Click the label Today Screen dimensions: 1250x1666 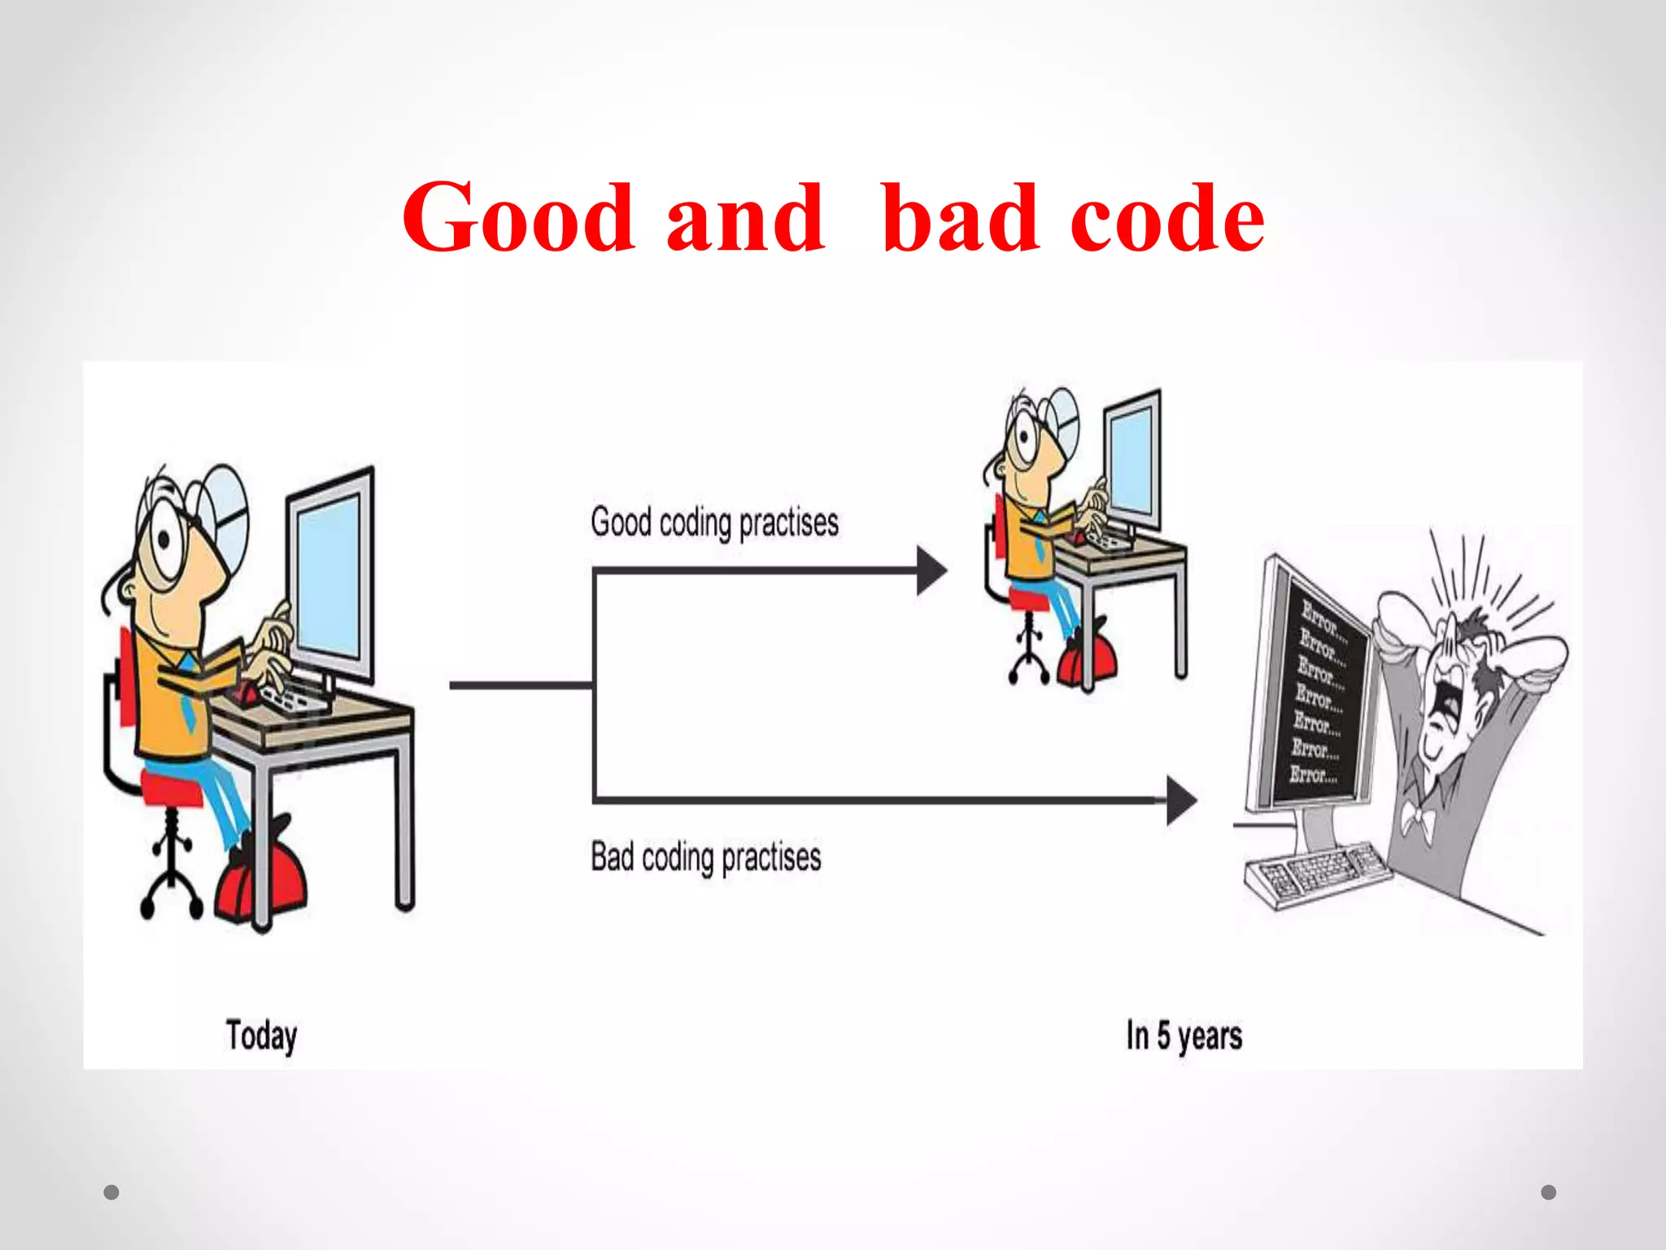click(261, 1036)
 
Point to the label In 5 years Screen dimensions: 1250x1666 click(1184, 1036)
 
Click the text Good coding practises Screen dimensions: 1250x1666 click(714, 522)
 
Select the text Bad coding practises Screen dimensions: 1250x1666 click(706, 857)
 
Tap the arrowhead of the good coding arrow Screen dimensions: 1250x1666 click(931, 570)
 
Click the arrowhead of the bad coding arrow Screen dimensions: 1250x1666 click(1181, 801)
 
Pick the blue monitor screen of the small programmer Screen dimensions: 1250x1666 click(1132, 459)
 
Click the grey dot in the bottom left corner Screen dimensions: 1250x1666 click(111, 1192)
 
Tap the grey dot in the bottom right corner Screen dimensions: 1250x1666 click(1549, 1192)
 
